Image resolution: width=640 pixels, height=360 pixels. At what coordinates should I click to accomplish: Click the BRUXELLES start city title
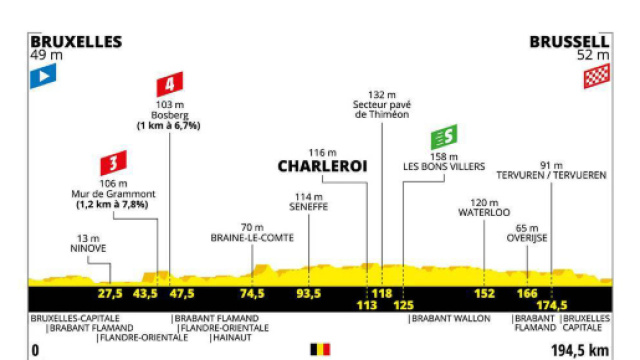click(x=76, y=42)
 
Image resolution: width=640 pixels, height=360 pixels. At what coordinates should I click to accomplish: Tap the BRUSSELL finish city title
click(x=570, y=42)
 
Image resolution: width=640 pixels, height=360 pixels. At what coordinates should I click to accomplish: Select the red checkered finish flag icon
click(x=596, y=77)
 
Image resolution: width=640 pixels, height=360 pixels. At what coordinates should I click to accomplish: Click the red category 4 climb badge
click(x=170, y=84)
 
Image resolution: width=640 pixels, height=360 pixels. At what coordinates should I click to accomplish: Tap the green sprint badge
click(x=444, y=137)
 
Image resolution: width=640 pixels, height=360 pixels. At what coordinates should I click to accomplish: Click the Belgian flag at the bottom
click(x=320, y=349)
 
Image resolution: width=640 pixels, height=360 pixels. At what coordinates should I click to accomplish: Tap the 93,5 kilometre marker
click(x=309, y=294)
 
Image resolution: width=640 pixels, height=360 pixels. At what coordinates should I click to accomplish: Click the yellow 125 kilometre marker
click(x=404, y=304)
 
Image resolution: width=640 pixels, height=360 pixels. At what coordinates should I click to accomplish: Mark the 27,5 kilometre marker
click(x=110, y=294)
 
